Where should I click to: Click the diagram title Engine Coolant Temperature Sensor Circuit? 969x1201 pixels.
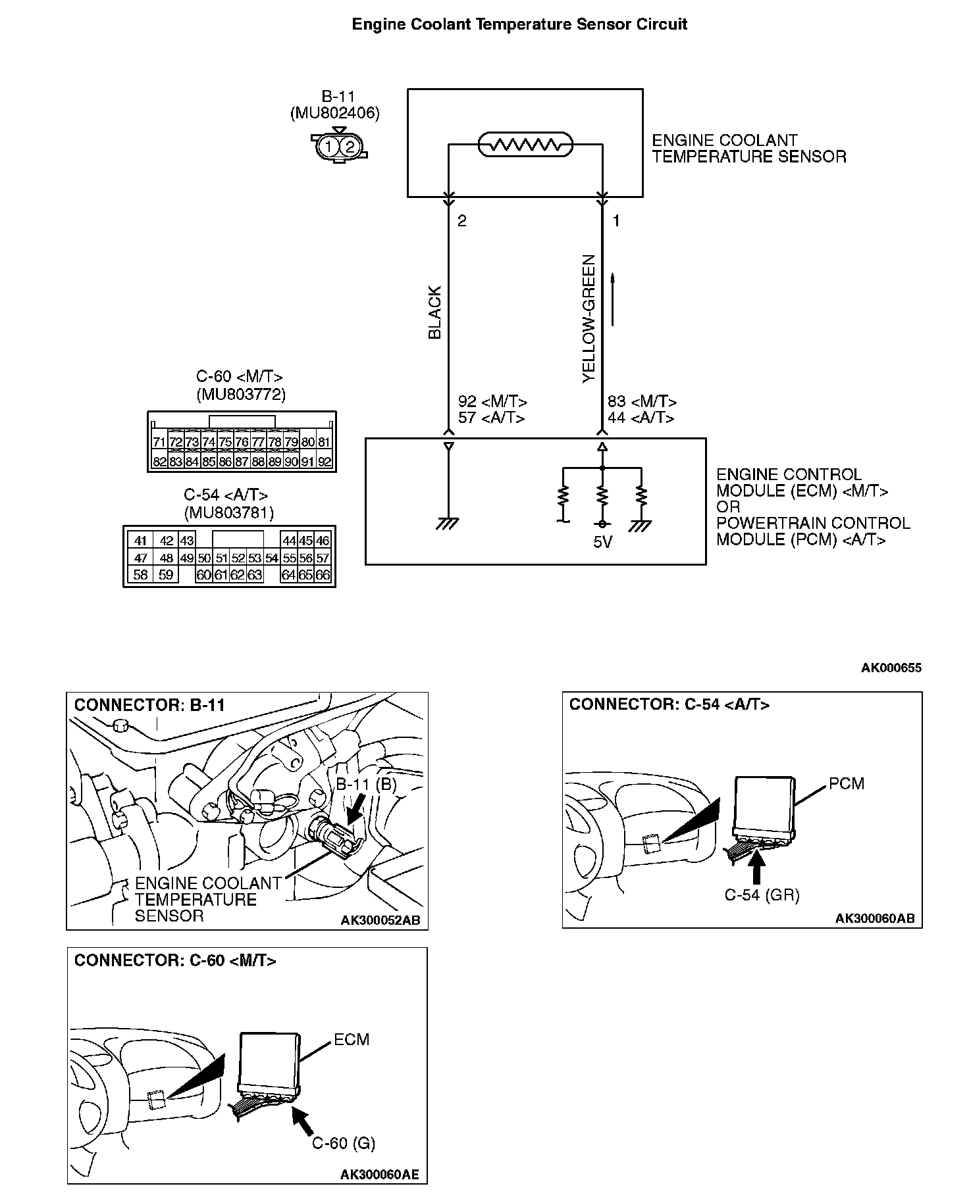tap(519, 25)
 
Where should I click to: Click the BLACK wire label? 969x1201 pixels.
tap(435, 312)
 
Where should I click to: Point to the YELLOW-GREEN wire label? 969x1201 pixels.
tap(589, 319)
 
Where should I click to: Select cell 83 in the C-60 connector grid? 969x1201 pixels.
tap(175, 462)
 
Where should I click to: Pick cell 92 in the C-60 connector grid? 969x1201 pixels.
tap(324, 462)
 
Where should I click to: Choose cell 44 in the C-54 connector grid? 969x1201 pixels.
tap(289, 541)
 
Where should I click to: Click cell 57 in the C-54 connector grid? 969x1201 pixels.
tap(323, 558)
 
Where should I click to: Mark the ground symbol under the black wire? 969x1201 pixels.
tap(448, 524)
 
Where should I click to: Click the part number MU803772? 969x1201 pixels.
tap(240, 394)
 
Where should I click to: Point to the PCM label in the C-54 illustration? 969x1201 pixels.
tap(846, 783)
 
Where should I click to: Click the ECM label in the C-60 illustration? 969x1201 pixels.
tap(352, 1040)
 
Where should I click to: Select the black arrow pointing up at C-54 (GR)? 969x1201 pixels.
tap(757, 866)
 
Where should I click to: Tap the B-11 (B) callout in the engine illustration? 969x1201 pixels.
tap(366, 785)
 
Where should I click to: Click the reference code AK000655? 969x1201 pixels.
tap(891, 668)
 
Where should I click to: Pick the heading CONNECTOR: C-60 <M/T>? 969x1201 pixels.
tap(175, 961)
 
